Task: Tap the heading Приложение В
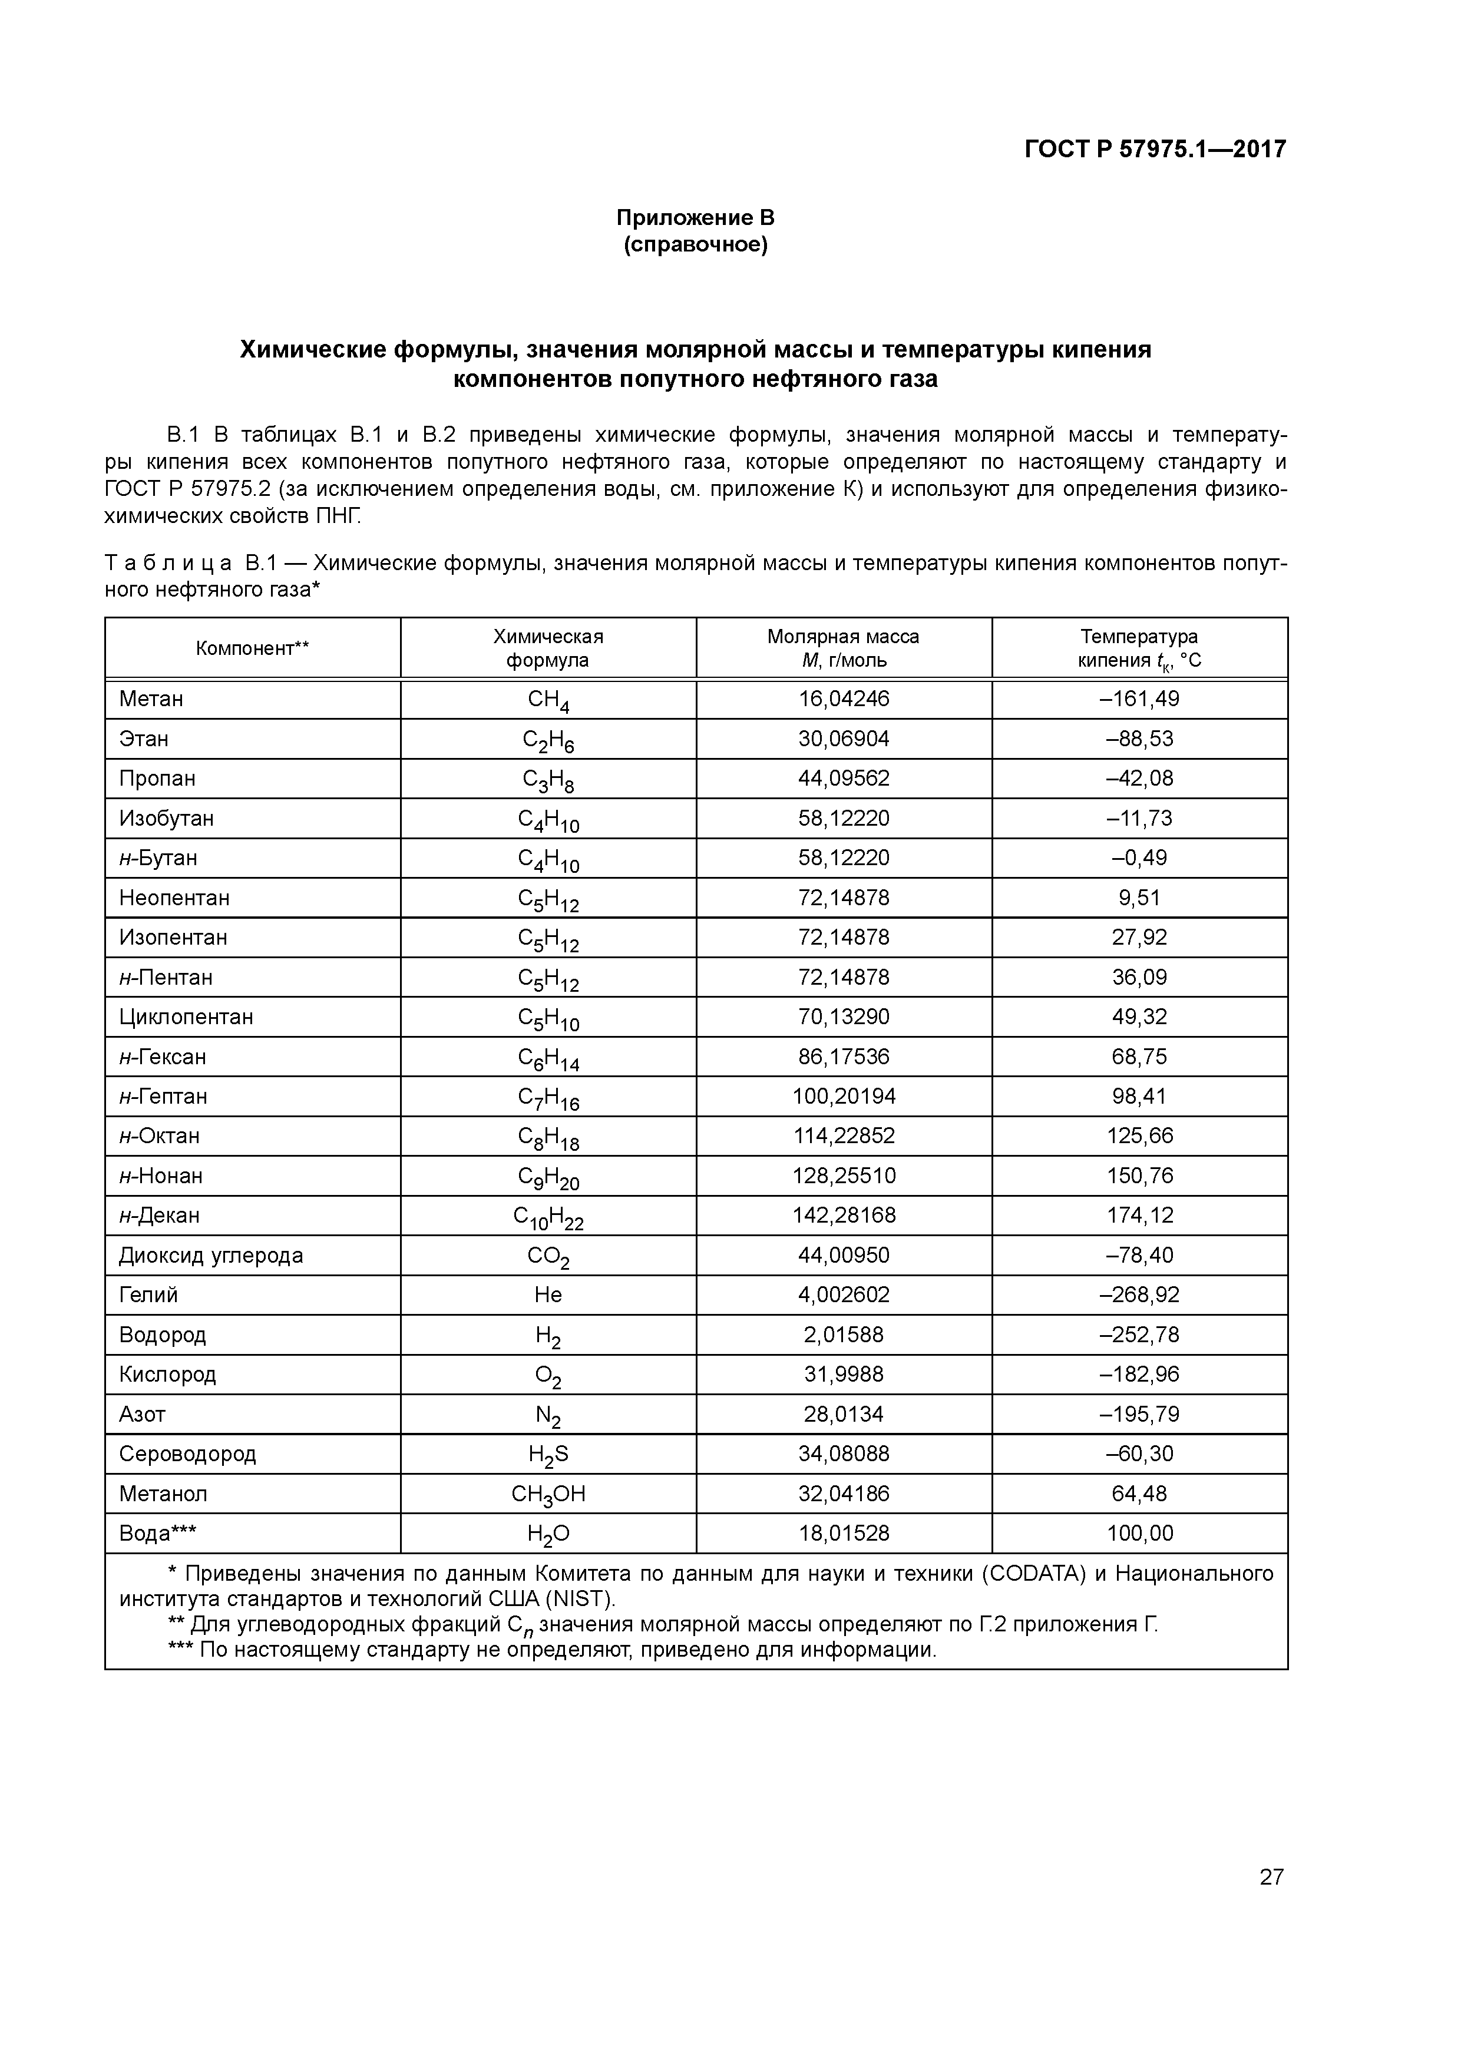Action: point(695,218)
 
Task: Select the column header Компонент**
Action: point(252,648)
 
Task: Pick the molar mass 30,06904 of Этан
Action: point(844,739)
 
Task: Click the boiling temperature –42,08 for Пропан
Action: point(1139,779)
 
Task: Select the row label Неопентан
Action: point(174,898)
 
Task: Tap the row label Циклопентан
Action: point(186,1017)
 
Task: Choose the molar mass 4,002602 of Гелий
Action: point(844,1295)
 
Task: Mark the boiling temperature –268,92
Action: point(1139,1295)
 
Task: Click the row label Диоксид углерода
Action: point(211,1255)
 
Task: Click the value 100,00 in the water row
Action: point(1139,1533)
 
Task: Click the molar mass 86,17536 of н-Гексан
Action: point(844,1057)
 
